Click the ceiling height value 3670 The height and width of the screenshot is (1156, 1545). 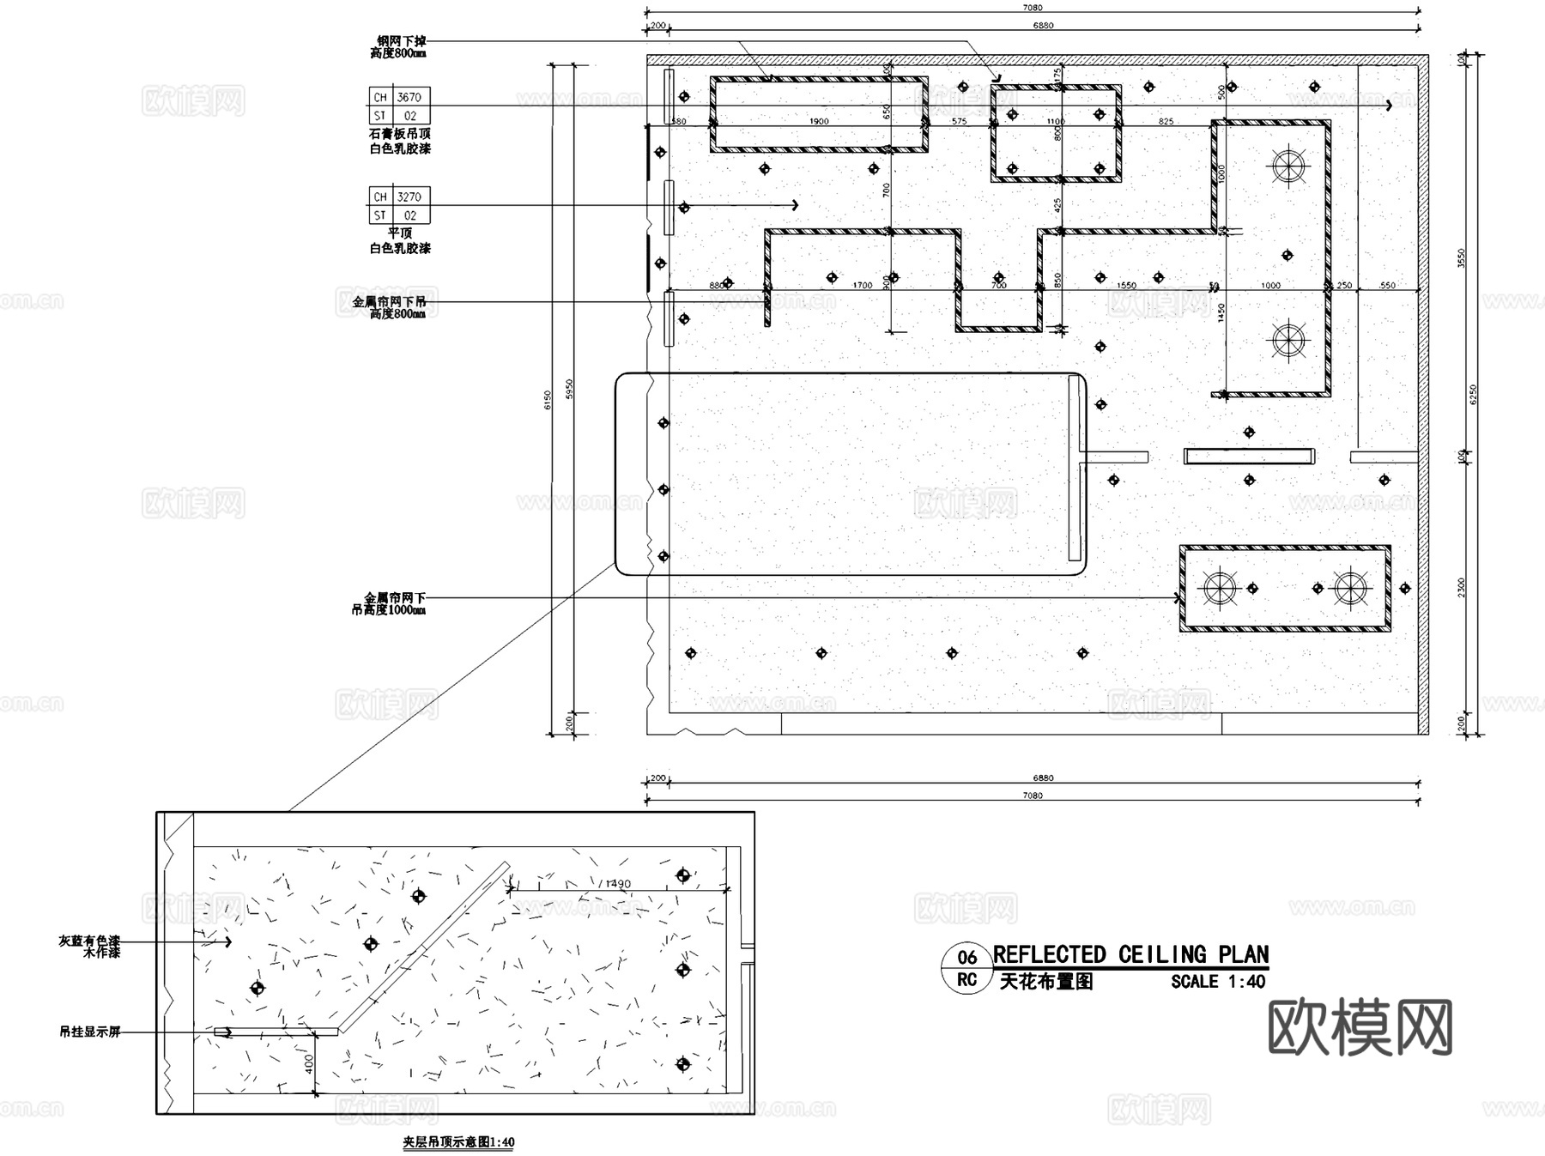[x=409, y=97]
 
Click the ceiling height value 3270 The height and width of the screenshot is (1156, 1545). [x=409, y=197]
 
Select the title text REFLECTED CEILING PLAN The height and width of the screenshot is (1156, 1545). [x=1130, y=954]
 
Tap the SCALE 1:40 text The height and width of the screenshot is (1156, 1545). [x=1217, y=982]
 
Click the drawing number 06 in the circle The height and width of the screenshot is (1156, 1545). [x=966, y=958]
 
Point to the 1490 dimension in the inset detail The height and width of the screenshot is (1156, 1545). [x=617, y=883]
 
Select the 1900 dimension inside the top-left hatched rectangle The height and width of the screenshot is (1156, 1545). [x=819, y=121]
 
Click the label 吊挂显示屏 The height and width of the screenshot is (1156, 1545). [x=89, y=1032]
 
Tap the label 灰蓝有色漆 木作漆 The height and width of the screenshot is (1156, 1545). [x=89, y=947]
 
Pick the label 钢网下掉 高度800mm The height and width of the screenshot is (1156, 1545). [x=399, y=46]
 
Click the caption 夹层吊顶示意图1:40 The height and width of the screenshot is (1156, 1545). [x=458, y=1142]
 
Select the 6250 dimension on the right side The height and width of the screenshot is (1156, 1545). [x=1473, y=393]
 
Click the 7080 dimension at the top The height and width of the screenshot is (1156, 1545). [x=1033, y=8]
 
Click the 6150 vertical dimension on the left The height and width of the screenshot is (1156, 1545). [x=548, y=399]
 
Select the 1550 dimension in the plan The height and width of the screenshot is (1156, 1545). [x=1126, y=285]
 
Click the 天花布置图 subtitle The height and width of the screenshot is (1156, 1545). [x=1045, y=982]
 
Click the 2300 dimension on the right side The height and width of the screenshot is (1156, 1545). [x=1462, y=588]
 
